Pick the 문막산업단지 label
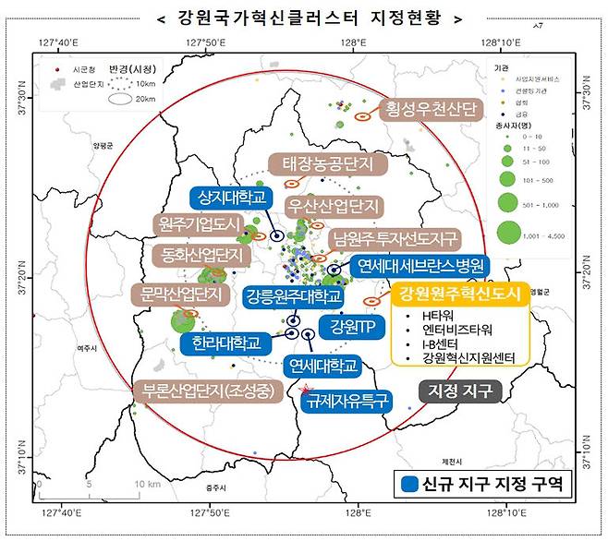click(182, 295)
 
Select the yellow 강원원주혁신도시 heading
click(459, 295)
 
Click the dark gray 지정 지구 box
click(460, 391)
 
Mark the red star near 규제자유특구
click(306, 391)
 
